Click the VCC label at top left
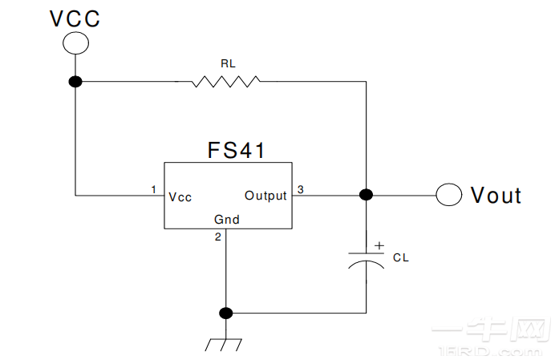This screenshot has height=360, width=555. [x=75, y=18]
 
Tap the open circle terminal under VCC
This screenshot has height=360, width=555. [x=75, y=43]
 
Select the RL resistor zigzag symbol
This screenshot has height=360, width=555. [x=226, y=81]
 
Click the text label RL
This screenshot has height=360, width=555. [x=227, y=63]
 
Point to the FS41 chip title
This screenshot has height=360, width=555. [x=236, y=150]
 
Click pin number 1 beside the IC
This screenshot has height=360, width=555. [x=153, y=189]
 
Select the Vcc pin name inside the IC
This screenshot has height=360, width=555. [x=180, y=196]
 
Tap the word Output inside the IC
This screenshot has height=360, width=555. [x=265, y=196]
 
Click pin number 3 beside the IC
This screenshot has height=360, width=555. [x=300, y=189]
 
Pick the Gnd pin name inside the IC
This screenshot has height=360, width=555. [x=226, y=219]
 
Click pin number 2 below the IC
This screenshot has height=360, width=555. [x=217, y=237]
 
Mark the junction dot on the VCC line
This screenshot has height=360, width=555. [x=75, y=81]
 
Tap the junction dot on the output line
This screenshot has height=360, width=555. [x=366, y=194]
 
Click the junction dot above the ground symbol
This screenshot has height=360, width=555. [x=226, y=312]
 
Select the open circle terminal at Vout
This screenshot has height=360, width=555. [x=449, y=194]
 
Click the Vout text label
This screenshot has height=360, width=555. [x=496, y=195]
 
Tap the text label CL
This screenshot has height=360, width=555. [x=400, y=257]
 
